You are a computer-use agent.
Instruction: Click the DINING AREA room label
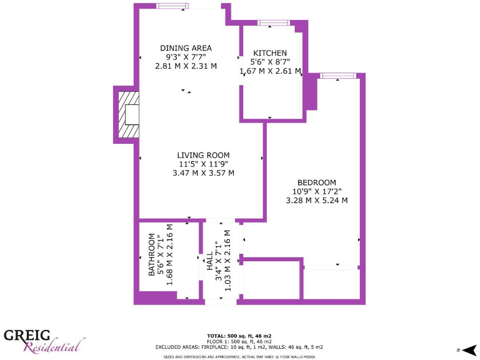(186, 48)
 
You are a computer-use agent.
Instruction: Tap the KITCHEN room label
(270, 53)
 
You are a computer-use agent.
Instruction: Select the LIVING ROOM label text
(203, 155)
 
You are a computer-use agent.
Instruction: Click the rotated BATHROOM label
(152, 255)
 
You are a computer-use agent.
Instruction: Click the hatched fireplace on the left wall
(129, 115)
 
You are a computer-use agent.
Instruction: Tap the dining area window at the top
(172, 6)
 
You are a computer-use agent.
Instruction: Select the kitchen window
(274, 23)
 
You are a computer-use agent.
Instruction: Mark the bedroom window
(338, 76)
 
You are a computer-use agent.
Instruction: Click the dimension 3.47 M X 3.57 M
(203, 172)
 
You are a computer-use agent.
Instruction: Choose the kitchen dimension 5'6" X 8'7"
(270, 62)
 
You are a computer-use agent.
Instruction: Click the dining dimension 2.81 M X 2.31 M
(186, 66)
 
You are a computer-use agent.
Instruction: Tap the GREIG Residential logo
(44, 341)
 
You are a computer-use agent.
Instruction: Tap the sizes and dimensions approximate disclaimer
(240, 356)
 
